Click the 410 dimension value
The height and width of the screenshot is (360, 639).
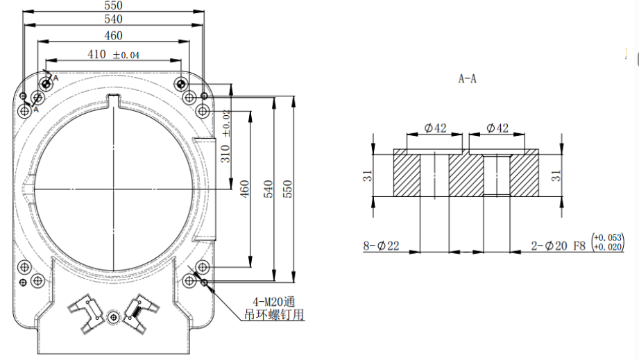97,54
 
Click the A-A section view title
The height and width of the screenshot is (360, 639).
467,79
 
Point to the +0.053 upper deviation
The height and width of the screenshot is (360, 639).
609,237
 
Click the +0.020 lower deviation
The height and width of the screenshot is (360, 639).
609,247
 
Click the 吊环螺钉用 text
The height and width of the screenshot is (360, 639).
277,315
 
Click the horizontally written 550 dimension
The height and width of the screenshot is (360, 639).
114,5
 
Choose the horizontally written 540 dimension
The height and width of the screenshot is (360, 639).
114,19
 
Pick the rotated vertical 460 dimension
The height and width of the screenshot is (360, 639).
244,189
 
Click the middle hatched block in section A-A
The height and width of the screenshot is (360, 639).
466,175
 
